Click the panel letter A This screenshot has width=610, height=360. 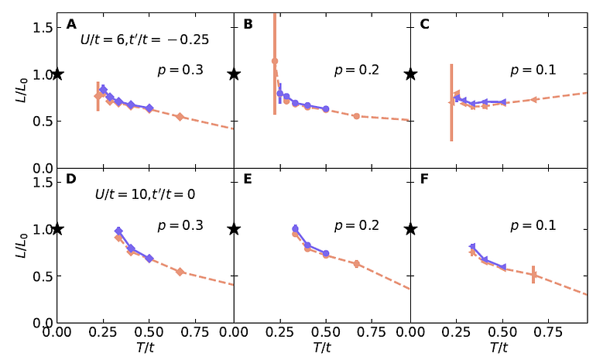pyautogui.click(x=71, y=24)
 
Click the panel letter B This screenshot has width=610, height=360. pyautogui.click(x=248, y=24)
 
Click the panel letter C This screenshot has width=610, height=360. pyautogui.click(x=424, y=24)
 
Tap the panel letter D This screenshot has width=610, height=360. pyautogui.click(x=71, y=179)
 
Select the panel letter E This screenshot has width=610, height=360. pyautogui.click(x=248, y=179)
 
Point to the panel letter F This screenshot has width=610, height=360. pyautogui.click(x=424, y=179)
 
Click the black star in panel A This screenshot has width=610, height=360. pyautogui.click(x=57, y=74)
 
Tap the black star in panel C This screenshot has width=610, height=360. pyautogui.click(x=410, y=74)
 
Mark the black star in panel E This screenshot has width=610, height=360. pyautogui.click(x=234, y=229)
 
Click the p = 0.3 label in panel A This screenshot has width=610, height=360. pyautogui.click(x=180, y=70)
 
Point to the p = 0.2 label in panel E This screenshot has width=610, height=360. pyautogui.click(x=357, y=225)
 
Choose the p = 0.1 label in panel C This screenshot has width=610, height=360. pyautogui.click(x=533, y=70)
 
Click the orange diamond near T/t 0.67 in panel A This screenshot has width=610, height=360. pyautogui.click(x=180, y=117)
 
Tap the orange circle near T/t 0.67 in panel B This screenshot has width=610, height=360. pyautogui.click(x=356, y=116)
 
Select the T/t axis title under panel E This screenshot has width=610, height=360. pyautogui.click(x=322, y=348)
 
